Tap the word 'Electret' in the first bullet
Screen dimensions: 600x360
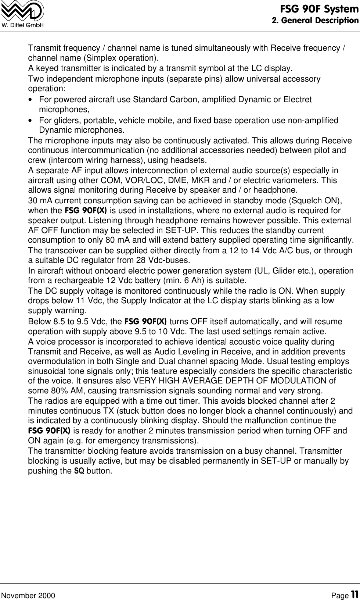pyautogui.click(x=298, y=100)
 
